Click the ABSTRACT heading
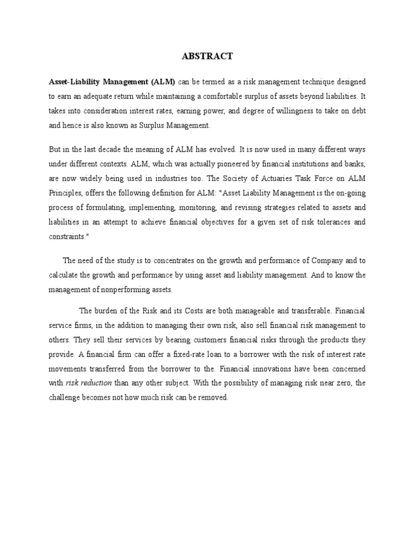pyautogui.click(x=207, y=56)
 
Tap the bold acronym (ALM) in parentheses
pyautogui.click(x=163, y=82)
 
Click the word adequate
pyautogui.click(x=99, y=96)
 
